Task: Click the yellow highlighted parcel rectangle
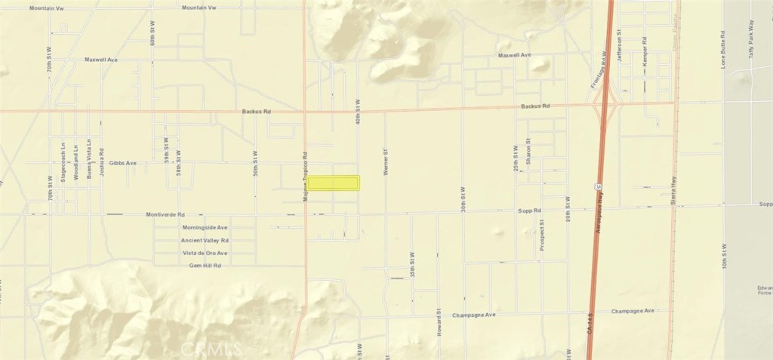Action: pos(334,183)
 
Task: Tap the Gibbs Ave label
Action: pos(122,162)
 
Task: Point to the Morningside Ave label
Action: pos(205,227)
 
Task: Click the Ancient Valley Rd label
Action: pos(204,240)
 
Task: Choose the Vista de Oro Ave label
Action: pos(204,253)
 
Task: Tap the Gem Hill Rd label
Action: pos(205,266)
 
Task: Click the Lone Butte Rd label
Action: pos(723,50)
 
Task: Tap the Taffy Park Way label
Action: pos(751,46)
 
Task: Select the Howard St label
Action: pos(439,322)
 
